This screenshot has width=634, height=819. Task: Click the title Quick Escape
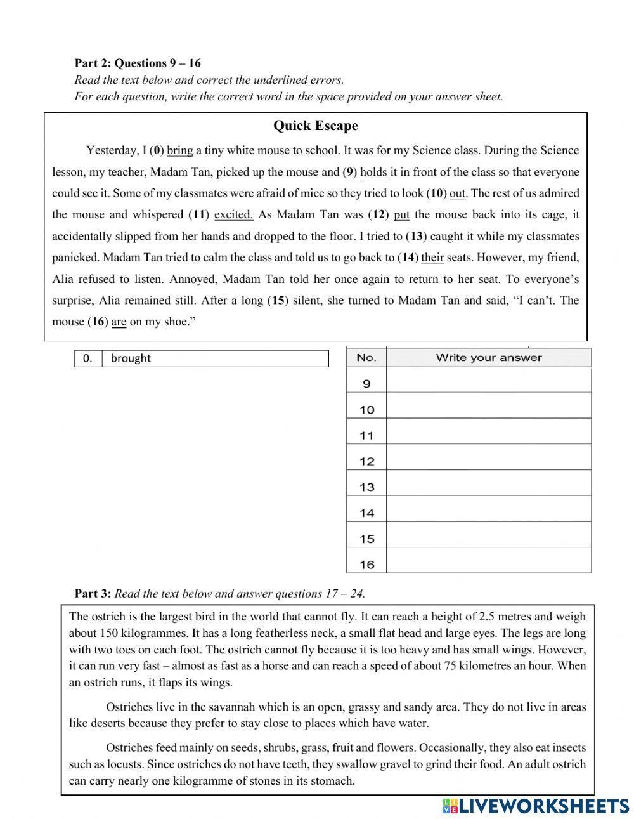tap(315, 126)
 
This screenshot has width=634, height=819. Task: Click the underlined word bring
tap(179, 151)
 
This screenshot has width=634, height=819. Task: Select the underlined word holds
tap(373, 173)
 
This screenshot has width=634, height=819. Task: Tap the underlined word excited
tap(233, 215)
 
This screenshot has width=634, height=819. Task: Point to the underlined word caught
tap(446, 237)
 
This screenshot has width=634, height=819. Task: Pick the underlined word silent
tap(306, 301)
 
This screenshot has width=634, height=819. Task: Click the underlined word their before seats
tap(432, 258)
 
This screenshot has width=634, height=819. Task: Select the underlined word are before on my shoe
tap(119, 322)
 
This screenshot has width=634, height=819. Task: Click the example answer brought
tap(131, 358)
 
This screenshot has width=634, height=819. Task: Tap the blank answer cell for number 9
tap(488, 383)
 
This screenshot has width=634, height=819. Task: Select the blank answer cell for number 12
tap(488, 461)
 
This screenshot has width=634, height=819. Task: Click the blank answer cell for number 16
tap(488, 564)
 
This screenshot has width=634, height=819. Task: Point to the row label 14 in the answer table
tap(366, 513)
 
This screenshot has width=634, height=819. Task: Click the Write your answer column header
tap(488, 358)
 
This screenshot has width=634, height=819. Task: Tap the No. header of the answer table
tap(366, 358)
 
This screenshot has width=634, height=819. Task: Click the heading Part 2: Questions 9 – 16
tap(138, 63)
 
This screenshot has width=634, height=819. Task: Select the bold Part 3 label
tap(93, 594)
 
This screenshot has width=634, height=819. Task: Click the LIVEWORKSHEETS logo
tap(536, 806)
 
